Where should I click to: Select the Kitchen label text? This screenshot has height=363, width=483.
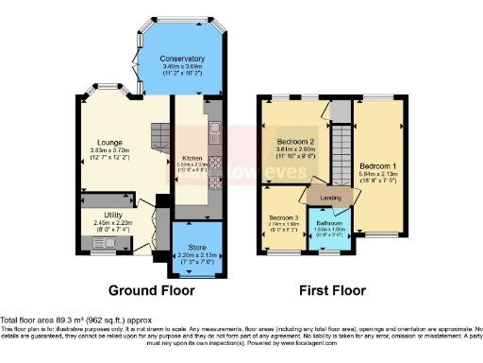[192, 158]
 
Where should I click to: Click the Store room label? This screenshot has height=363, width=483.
[196, 247]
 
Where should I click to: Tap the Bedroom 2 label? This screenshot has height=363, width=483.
[293, 141]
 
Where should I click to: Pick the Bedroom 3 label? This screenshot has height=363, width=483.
[283, 219]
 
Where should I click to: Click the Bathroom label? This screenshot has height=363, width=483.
[329, 222]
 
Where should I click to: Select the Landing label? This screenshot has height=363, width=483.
[330, 198]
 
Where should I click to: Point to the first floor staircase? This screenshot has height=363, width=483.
[340, 151]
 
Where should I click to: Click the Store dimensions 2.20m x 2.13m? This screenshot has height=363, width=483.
[196, 255]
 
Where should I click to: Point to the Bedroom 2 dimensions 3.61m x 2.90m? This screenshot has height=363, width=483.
[293, 149]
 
